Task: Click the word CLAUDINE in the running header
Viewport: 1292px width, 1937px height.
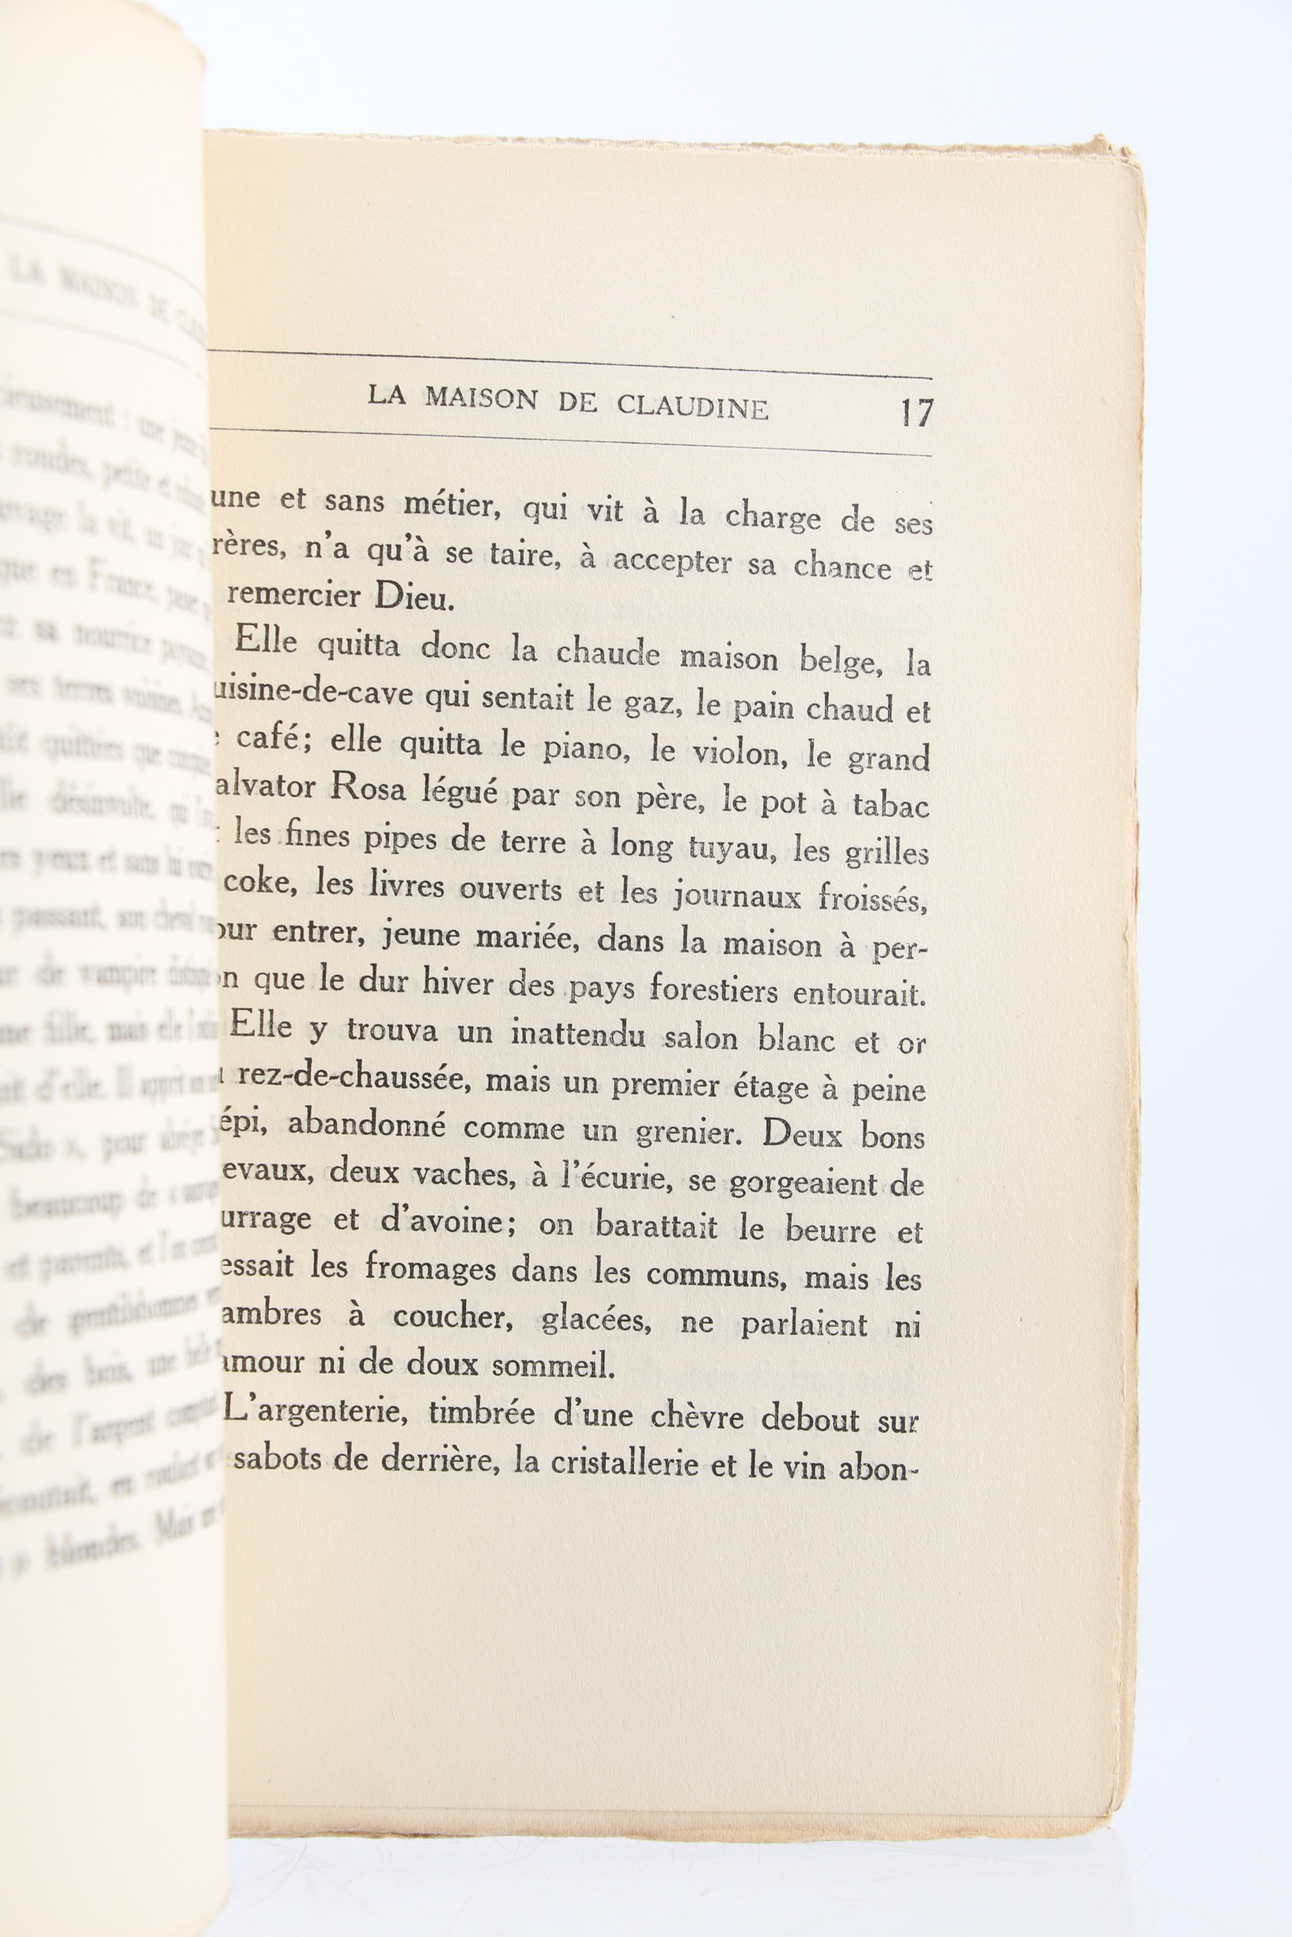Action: (692, 407)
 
